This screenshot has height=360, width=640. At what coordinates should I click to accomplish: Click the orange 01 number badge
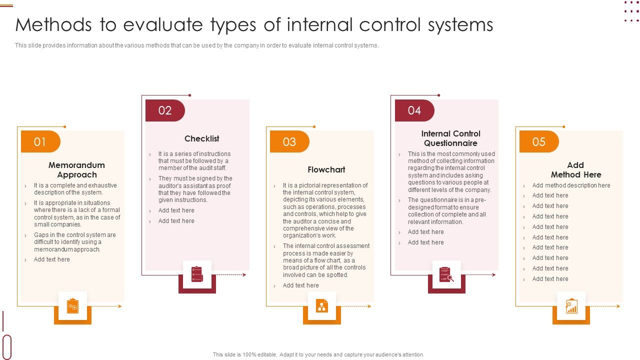(40, 142)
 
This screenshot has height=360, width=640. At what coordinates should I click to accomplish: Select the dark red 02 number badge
(165, 110)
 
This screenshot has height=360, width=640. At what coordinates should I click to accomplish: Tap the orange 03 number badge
(289, 142)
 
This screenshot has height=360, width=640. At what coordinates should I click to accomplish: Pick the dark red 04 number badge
(414, 110)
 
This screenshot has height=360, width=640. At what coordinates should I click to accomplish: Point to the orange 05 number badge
(538, 142)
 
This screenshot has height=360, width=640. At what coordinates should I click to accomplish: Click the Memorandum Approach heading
(76, 170)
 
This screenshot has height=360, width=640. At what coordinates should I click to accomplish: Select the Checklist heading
(201, 138)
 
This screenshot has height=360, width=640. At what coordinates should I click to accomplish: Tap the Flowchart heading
(326, 170)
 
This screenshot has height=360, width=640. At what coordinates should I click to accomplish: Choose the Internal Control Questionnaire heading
(450, 138)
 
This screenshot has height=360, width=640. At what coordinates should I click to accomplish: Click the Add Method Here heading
(575, 170)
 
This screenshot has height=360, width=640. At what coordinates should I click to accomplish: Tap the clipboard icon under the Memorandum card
(72, 306)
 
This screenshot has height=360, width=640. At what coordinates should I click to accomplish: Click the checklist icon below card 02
(197, 274)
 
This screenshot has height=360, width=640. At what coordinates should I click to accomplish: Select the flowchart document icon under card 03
(322, 306)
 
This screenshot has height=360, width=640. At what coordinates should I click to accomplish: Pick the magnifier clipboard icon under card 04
(446, 274)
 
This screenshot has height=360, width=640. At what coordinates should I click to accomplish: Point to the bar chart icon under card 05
(571, 306)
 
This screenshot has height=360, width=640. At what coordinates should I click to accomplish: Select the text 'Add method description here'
(571, 185)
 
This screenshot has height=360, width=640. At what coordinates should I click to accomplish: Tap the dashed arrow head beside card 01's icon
(119, 306)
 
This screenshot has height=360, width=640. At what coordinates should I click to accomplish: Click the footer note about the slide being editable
(318, 354)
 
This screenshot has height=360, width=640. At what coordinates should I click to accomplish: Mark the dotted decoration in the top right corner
(631, 11)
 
